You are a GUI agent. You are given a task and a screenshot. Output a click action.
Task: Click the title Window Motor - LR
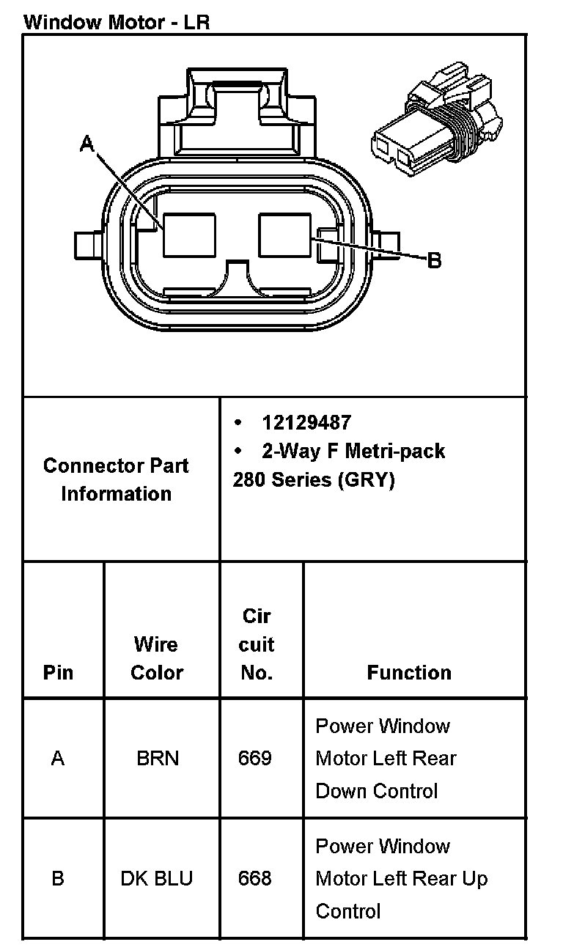117,21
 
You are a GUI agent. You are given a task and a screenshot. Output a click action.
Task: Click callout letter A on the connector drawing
87,144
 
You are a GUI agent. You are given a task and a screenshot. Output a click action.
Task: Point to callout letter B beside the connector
434,259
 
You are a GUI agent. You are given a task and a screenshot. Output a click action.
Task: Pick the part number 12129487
306,422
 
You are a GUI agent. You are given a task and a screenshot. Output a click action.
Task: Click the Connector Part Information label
116,479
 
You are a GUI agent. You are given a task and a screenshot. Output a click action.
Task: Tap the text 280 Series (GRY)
314,479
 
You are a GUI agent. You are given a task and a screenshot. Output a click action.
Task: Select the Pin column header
59,672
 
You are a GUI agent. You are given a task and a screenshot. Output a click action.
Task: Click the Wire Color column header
156,658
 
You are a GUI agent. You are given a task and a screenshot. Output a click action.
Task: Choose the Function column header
409,672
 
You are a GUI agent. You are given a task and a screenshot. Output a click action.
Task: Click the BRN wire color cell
158,758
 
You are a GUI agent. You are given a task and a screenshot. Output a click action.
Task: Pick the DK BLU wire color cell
157,878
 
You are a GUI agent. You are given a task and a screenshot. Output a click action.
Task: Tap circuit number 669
255,758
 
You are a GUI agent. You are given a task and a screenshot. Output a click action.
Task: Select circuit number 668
255,878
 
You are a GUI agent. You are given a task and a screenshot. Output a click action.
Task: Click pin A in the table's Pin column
58,758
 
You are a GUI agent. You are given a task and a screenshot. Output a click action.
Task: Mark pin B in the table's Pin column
58,878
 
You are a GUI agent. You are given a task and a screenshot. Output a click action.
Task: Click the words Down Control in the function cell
377,791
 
